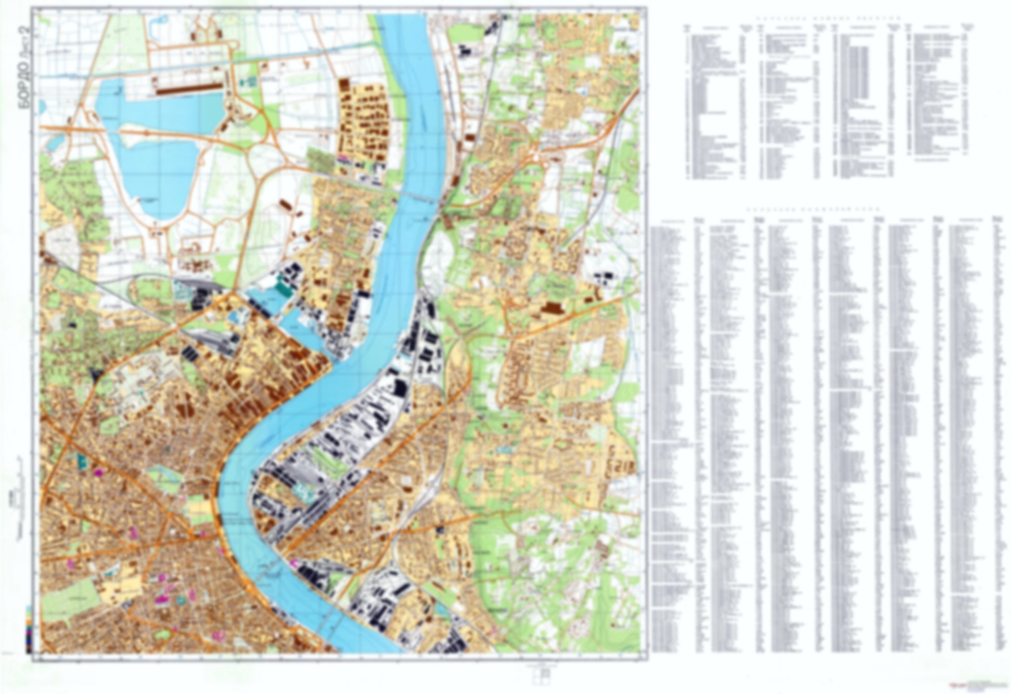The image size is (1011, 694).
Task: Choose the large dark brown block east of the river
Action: pos(552,309)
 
